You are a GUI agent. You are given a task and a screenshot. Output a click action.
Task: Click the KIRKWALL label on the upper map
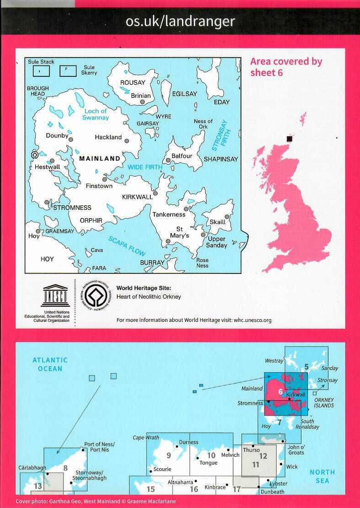tap(138, 197)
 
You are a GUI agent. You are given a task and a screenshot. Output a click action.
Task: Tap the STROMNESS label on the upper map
tap(72, 208)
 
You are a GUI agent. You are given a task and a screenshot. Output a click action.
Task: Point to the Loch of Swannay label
tap(95, 114)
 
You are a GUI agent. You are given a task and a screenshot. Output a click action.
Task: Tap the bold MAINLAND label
tap(100, 159)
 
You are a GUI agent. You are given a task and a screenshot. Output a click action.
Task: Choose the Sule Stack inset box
tap(41, 71)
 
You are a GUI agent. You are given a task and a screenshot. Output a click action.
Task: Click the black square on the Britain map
tap(289, 139)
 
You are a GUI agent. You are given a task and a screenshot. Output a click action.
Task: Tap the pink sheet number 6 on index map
tap(280, 392)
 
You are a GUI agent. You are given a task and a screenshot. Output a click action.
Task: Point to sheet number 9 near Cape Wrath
tap(169, 455)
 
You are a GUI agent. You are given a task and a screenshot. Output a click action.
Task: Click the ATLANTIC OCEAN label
tap(50, 364)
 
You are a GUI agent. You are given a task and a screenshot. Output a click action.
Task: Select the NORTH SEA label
tap(322, 476)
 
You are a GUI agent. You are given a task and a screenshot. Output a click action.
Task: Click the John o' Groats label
tap(296, 450)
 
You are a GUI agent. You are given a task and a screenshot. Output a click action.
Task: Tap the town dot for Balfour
tap(168, 160)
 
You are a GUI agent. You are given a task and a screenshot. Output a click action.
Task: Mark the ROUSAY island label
tap(132, 83)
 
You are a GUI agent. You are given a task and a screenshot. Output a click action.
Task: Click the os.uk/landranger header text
tap(180, 21)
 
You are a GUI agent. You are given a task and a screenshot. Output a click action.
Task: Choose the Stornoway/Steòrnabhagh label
tap(90, 475)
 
